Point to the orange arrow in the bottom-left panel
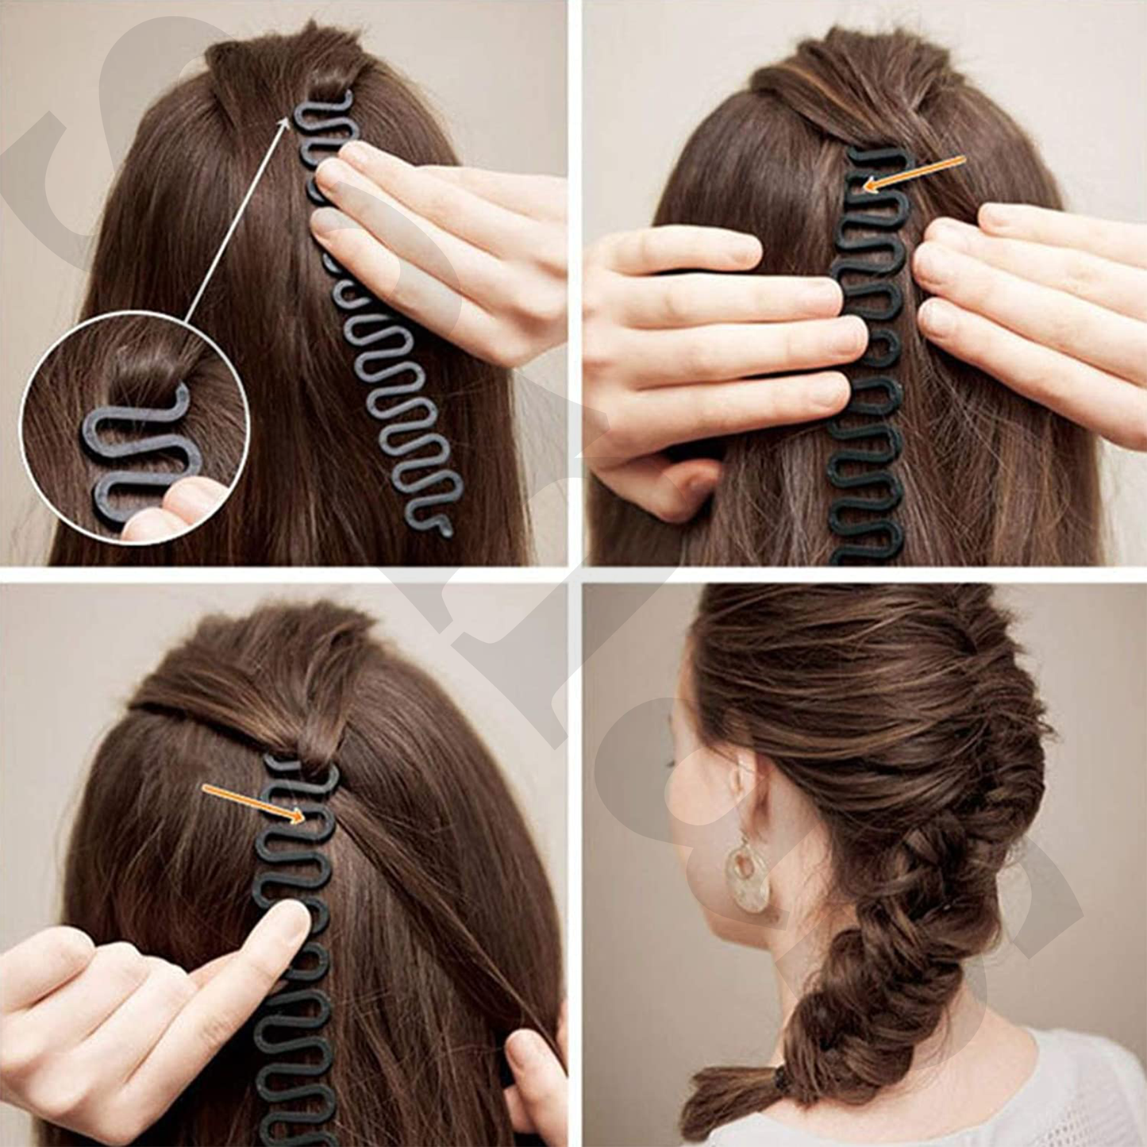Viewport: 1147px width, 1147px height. pos(255,803)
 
